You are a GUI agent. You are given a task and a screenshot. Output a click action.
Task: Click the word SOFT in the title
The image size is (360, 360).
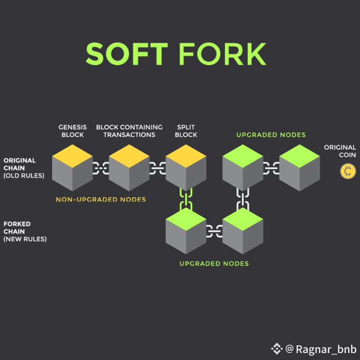point(127,54)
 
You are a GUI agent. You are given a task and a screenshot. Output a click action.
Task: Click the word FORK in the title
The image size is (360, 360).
point(222,54)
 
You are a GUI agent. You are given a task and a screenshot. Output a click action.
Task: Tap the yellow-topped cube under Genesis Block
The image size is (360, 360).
point(72,168)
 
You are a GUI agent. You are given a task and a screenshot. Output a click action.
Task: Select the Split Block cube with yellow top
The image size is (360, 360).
point(186,168)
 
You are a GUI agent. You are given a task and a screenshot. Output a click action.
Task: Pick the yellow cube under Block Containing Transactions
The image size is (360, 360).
point(129,168)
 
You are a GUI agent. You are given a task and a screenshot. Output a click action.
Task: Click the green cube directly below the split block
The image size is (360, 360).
point(186,231)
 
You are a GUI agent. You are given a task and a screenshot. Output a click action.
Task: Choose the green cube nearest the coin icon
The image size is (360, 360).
point(300,168)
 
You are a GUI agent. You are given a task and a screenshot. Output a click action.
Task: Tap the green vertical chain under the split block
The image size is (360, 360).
point(186,199)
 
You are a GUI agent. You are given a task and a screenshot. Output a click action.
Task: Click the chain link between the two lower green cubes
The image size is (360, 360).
point(214,231)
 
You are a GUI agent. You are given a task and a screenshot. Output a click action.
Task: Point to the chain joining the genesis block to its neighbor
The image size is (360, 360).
point(100,168)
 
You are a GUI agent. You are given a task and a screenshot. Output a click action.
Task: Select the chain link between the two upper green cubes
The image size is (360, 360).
point(271,168)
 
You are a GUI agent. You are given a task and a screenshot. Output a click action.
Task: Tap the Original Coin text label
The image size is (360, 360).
point(340,151)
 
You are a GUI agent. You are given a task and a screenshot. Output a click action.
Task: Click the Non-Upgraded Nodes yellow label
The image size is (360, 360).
point(100,200)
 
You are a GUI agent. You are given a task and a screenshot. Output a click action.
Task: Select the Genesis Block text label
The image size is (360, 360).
point(73,131)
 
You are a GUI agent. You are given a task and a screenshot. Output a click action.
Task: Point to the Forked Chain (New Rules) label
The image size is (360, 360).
point(25,231)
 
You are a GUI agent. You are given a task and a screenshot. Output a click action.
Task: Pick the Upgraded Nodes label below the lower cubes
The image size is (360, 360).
point(214,263)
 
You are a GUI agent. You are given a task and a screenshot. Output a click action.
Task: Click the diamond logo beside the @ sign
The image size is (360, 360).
point(277,349)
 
